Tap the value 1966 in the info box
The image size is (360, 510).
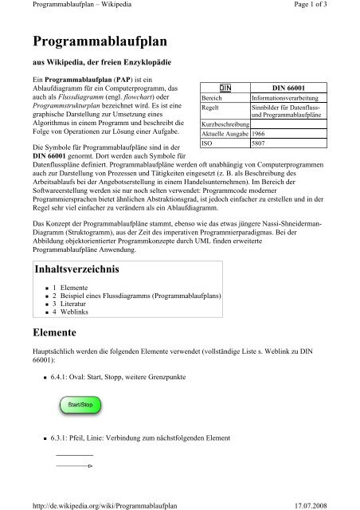tap(258, 135)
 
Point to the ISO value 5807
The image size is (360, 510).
tap(258, 144)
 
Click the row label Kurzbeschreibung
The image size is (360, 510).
tap(225, 125)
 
